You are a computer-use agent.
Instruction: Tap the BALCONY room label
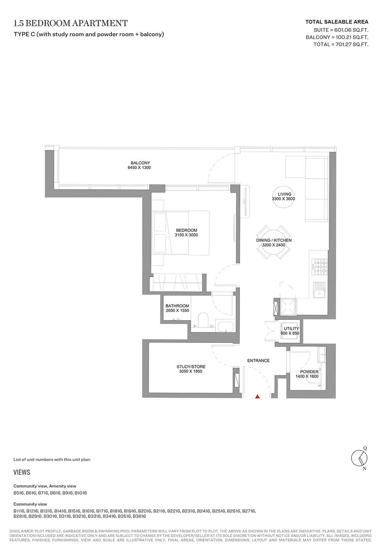coord(140,163)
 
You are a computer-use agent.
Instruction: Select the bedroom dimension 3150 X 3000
coord(186,235)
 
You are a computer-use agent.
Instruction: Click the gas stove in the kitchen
coord(319,267)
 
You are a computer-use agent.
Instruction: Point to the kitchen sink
coord(319,290)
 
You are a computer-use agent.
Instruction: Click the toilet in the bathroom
coord(203,319)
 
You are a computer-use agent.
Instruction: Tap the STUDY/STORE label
coord(191,366)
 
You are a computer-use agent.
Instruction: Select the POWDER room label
coord(309,372)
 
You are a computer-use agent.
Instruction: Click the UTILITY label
coord(291,329)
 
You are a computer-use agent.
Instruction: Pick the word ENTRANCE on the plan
coord(258,360)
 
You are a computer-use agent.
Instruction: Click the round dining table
coord(273,242)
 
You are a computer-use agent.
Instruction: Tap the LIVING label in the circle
coord(285,194)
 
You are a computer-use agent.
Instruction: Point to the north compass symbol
coord(359,458)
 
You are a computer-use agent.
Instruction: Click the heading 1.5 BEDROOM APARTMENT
coord(71,23)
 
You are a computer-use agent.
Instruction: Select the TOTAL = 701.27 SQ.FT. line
coord(341,44)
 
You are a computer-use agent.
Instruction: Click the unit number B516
coord(18,493)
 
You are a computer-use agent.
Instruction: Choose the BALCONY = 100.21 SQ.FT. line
coord(337,37)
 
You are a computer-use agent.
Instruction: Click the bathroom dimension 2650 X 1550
coord(177,310)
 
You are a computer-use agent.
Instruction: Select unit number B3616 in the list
coord(139,516)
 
